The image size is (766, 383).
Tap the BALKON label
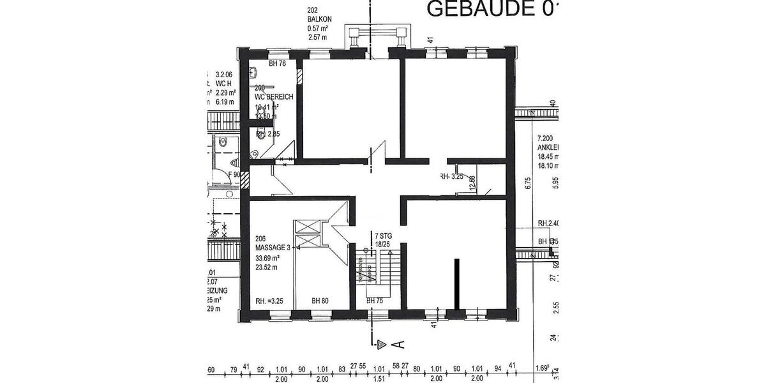[x=320, y=19]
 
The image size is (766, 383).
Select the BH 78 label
[x=277, y=63]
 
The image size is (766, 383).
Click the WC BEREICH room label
[x=274, y=97]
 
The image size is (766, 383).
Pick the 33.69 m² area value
[x=269, y=258]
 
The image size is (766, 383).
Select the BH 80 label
[x=320, y=301]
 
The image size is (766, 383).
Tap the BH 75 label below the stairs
[x=375, y=301]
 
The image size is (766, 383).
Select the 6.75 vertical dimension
[x=528, y=184]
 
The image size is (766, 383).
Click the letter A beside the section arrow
[x=400, y=345]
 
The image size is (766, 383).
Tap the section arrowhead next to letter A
[x=382, y=345]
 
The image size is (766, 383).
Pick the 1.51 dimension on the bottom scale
[x=379, y=378]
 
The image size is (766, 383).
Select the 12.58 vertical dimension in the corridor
[x=472, y=183]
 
